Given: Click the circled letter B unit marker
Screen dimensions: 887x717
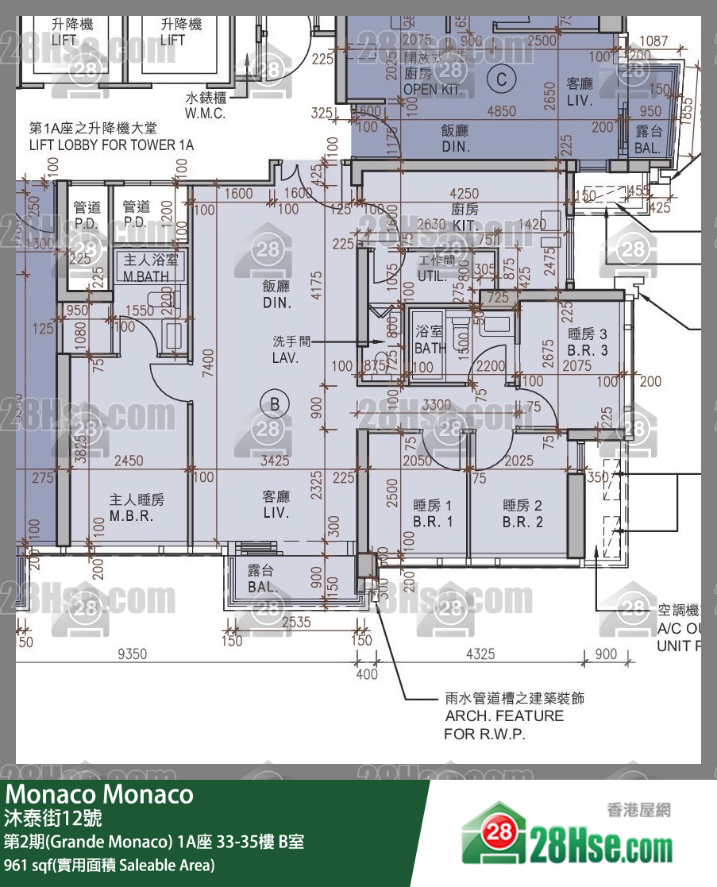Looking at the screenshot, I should [x=275, y=404].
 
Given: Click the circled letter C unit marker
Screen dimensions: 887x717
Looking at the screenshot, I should [x=501, y=78].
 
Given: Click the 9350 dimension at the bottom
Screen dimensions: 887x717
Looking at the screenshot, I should [x=133, y=654].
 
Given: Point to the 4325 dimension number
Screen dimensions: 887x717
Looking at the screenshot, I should [x=480, y=654].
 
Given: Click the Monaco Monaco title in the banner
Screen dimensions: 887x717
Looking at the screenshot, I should [x=100, y=794].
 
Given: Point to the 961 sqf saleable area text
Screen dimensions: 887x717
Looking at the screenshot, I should [x=110, y=865].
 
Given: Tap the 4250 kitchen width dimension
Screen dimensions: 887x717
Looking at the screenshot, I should [x=465, y=193].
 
